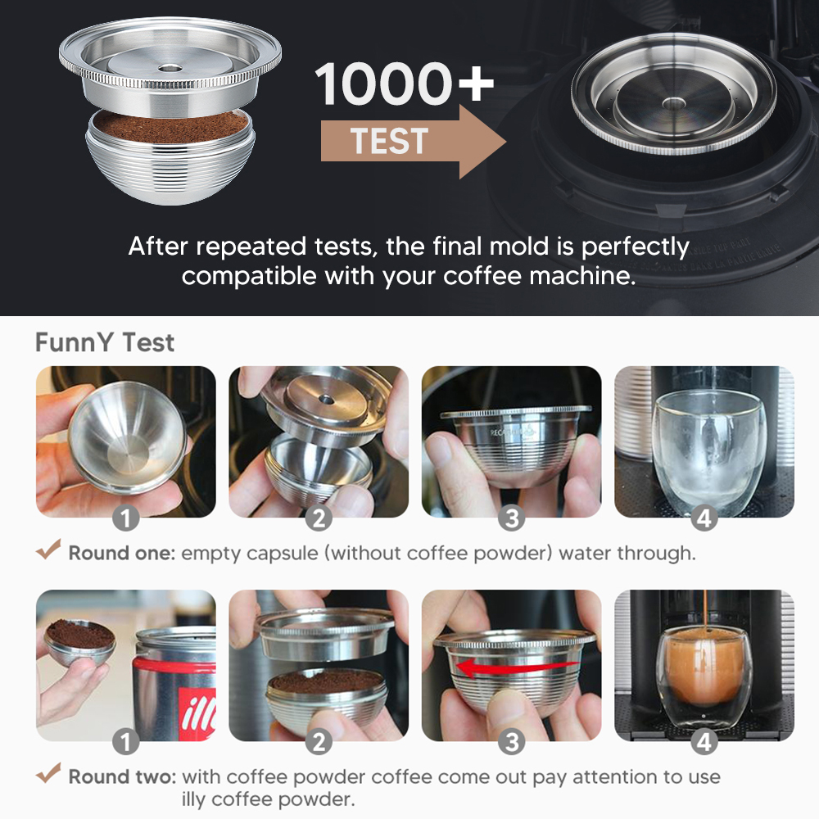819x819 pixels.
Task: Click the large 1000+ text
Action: [x=404, y=84]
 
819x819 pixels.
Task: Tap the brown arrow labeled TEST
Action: [x=413, y=142]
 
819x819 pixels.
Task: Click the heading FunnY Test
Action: [x=105, y=342]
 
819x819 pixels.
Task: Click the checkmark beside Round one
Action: [x=48, y=550]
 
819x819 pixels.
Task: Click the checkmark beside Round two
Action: [x=48, y=773]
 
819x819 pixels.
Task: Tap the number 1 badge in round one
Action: [x=126, y=518]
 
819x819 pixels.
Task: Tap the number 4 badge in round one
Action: [x=704, y=518]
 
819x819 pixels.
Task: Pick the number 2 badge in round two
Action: [x=319, y=742]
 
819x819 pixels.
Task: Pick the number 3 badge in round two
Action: [x=511, y=742]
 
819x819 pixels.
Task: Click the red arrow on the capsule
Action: [x=517, y=667]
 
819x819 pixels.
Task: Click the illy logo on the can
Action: [x=197, y=713]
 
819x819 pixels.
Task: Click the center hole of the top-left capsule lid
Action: [x=168, y=68]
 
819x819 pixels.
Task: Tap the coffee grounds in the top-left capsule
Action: [x=170, y=127]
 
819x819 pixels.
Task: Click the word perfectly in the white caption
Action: [x=636, y=247]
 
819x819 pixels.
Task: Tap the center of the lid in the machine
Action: [x=673, y=103]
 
